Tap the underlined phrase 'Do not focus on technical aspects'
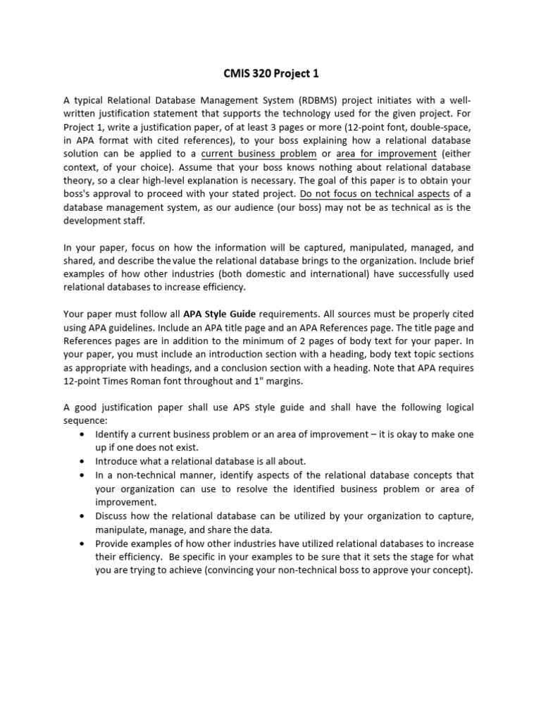373,194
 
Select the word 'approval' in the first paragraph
125,194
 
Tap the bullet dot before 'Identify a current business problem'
85,434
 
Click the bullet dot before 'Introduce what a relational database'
85,460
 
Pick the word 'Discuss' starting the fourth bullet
113,516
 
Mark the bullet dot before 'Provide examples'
85,544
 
